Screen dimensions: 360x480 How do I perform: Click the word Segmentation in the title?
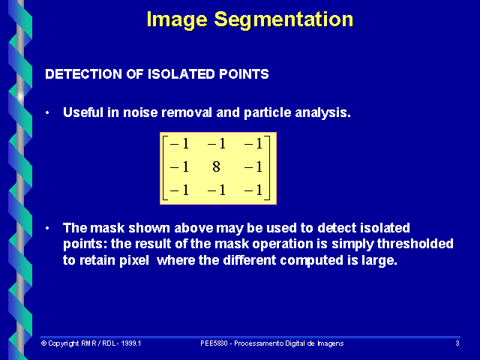click(x=291, y=19)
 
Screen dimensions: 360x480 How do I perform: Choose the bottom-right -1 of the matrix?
click(x=256, y=190)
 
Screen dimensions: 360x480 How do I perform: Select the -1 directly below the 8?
click(x=217, y=190)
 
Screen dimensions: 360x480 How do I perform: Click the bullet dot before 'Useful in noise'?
click(x=47, y=112)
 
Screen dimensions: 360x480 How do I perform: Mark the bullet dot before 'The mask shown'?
click(x=47, y=227)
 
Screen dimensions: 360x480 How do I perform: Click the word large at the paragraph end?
click(x=379, y=260)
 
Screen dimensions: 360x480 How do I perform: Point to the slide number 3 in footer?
click(x=457, y=343)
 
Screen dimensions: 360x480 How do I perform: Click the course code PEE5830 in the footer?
click(x=215, y=343)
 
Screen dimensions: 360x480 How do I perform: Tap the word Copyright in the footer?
click(x=64, y=343)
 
